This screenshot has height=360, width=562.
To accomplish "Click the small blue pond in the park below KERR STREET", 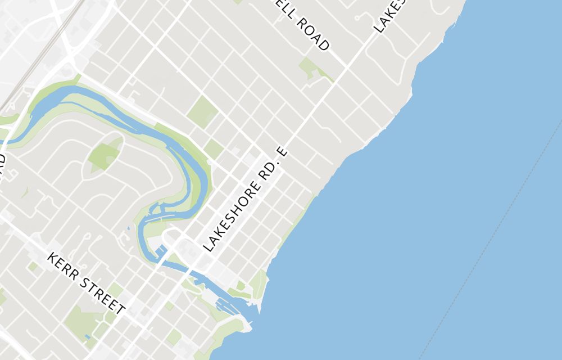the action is click(x=87, y=337).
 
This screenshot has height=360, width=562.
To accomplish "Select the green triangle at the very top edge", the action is click(x=238, y=2).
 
